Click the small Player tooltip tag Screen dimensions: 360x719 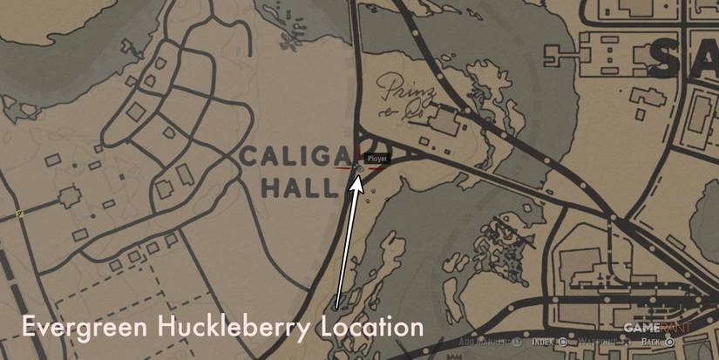pyautogui.click(x=376, y=160)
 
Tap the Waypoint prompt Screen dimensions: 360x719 pyautogui.click(x=601, y=343)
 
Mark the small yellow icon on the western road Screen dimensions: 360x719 pyautogui.click(x=18, y=212)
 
